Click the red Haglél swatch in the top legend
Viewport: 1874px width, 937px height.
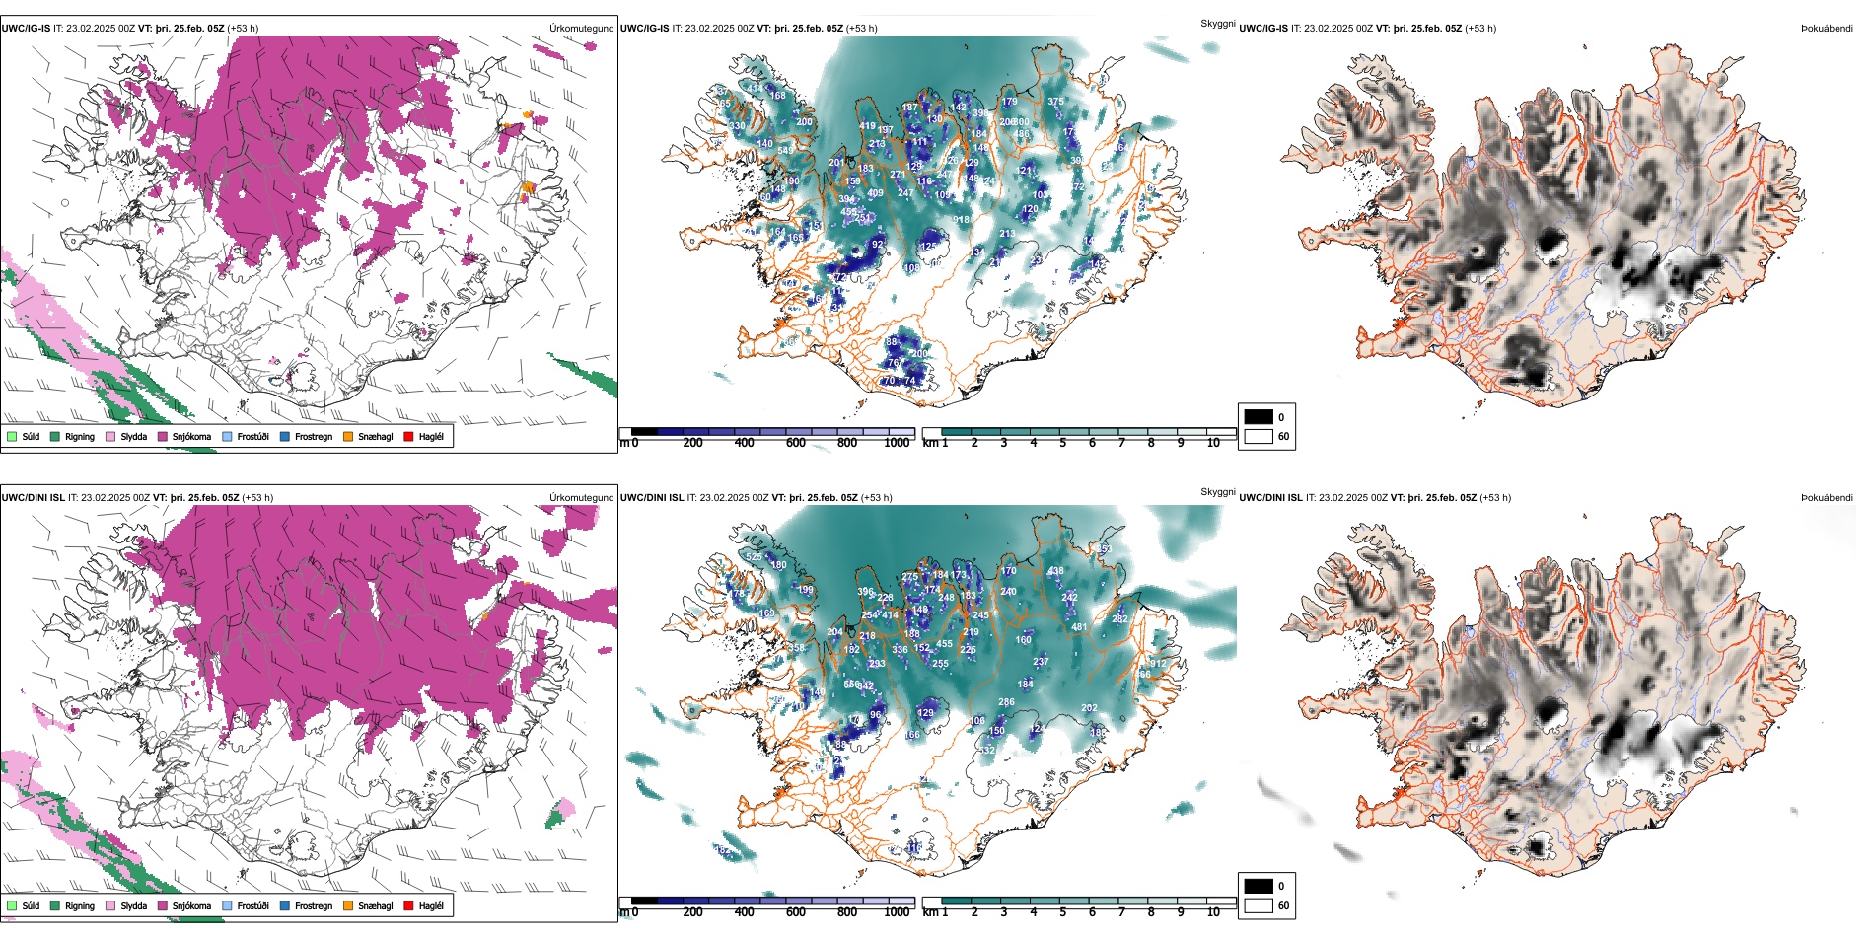pyautogui.click(x=408, y=436)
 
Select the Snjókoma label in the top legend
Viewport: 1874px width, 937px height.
pyautogui.click(x=191, y=437)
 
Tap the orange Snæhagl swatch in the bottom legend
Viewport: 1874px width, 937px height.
pyautogui.click(x=348, y=905)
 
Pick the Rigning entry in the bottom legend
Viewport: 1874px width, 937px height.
pyautogui.click(x=79, y=906)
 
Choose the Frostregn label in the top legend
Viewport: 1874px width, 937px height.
pyautogui.click(x=314, y=437)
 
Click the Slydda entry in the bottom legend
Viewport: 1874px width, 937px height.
pyautogui.click(x=133, y=906)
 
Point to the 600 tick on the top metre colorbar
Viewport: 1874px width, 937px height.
pyautogui.click(x=796, y=443)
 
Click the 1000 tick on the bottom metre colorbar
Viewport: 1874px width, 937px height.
pyautogui.click(x=897, y=912)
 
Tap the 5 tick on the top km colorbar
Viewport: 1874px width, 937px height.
pyautogui.click(x=1063, y=443)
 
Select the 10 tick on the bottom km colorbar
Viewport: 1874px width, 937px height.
pyautogui.click(x=1213, y=912)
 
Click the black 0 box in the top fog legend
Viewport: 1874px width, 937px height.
pyautogui.click(x=1259, y=417)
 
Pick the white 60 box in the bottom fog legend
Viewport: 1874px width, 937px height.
pyautogui.click(x=1259, y=905)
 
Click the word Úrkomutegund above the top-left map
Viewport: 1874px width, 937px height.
pyautogui.click(x=581, y=29)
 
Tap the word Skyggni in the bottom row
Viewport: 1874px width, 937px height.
pyautogui.click(x=1218, y=492)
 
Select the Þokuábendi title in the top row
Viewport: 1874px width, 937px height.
pyautogui.click(x=1827, y=29)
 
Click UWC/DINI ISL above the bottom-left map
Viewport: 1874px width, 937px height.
pyautogui.click(x=33, y=498)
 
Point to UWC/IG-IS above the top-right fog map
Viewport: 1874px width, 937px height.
pyautogui.click(x=1263, y=29)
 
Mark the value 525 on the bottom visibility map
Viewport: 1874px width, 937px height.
pyautogui.click(x=754, y=557)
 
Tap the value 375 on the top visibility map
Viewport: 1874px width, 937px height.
pyautogui.click(x=1055, y=102)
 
